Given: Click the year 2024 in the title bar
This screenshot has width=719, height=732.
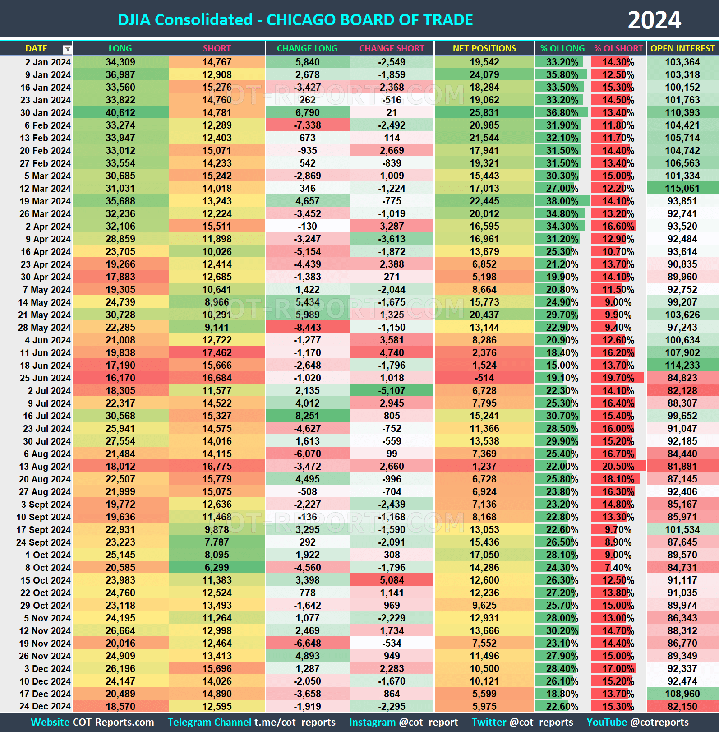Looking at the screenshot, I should (654, 20).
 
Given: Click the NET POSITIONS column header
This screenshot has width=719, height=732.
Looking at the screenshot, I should (484, 48).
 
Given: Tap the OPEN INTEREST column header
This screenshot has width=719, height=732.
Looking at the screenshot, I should (682, 48).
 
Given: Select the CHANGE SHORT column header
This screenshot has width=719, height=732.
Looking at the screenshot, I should (392, 48).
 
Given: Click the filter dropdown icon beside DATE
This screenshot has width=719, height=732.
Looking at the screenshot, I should (67, 49).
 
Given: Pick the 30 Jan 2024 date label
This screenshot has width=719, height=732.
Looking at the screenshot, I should (45, 113).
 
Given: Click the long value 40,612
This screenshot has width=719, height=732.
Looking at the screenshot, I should (120, 113).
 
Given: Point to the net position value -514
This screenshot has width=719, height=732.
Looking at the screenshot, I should (484, 378).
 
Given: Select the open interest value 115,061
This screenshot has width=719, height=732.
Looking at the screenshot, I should (682, 189).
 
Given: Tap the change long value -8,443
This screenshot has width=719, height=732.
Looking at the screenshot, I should (307, 328).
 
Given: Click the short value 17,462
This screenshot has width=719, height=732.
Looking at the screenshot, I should (217, 353).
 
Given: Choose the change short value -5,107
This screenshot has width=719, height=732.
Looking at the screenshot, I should (392, 391).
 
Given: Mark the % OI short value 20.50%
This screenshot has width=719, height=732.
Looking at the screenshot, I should (618, 467).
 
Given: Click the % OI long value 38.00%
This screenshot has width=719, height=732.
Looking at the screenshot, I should (562, 201).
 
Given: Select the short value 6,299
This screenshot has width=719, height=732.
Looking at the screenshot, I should (217, 568).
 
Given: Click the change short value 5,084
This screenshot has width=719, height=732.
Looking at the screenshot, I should (392, 580).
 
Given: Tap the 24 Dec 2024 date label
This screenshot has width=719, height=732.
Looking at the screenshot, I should (45, 707).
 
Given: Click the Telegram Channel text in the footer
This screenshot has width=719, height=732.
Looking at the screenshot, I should (209, 723).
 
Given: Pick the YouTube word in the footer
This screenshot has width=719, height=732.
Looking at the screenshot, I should (607, 723).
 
